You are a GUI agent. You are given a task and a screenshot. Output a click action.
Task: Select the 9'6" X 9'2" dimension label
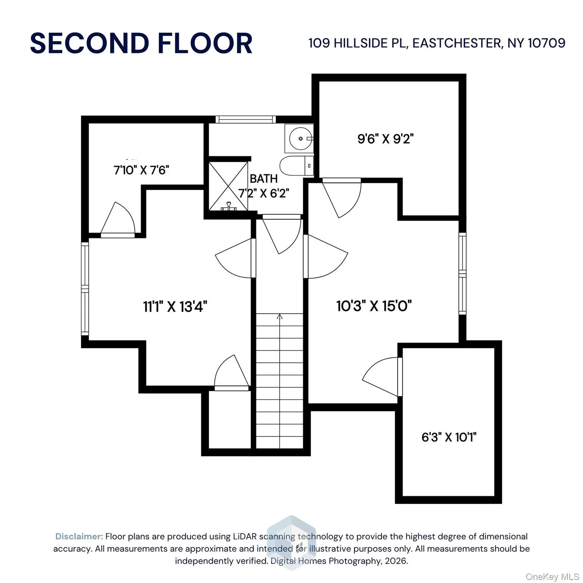tap(385, 139)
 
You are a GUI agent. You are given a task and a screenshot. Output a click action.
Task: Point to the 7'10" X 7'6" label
tap(141, 170)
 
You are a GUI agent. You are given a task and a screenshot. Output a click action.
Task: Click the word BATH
tap(263, 178)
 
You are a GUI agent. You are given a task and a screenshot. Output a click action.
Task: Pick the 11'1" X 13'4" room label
tap(175, 306)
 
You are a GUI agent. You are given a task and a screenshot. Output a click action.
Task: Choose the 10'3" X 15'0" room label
tap(374, 306)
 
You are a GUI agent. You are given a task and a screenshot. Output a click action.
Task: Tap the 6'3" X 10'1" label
tap(449, 437)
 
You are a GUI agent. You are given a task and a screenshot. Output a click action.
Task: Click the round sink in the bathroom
tap(301, 139)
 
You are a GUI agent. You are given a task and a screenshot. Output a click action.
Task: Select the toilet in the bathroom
tap(296, 166)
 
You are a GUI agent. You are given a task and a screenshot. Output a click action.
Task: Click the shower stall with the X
tap(228, 186)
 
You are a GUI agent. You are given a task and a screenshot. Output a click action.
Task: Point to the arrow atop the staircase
tap(280, 317)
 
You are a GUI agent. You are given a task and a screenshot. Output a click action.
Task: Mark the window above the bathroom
tap(246, 120)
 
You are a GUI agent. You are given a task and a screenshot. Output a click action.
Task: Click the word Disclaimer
tap(79, 536)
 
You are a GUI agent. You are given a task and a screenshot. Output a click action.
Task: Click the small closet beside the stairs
tap(230, 419)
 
